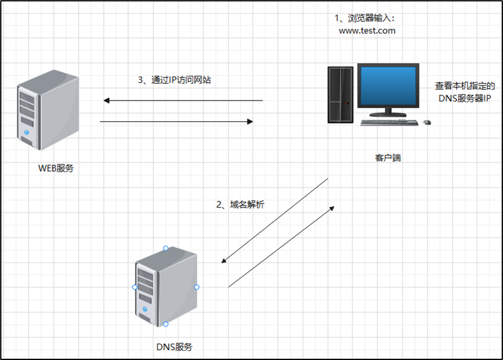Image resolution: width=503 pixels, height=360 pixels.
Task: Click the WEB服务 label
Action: (56, 167)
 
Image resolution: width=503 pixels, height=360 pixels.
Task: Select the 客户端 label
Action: (387, 157)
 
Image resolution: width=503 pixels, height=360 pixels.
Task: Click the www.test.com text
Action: (367, 30)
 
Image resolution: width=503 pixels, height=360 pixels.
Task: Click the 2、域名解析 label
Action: (240, 204)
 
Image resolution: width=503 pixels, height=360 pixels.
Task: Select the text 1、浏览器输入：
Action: (366, 17)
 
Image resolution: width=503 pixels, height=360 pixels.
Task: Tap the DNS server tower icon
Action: (166, 286)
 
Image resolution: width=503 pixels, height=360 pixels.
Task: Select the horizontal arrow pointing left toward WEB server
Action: (183, 100)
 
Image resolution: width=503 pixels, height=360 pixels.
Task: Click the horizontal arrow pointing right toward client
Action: (176, 122)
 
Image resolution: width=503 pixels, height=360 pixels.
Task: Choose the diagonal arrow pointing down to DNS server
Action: (275, 221)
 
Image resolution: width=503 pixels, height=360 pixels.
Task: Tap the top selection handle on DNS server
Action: (166, 248)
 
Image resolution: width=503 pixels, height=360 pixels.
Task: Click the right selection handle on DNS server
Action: (196, 287)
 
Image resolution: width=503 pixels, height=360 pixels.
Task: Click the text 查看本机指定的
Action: (465, 86)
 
